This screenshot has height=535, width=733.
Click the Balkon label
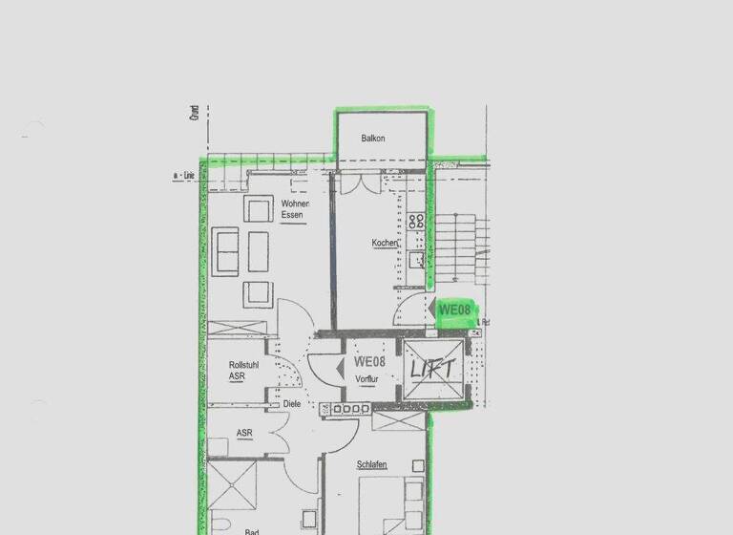pyautogui.click(x=373, y=139)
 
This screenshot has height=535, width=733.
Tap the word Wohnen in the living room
pyautogui.click(x=294, y=203)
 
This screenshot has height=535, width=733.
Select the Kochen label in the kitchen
pyautogui.click(x=385, y=244)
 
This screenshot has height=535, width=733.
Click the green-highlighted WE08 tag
pyautogui.click(x=455, y=310)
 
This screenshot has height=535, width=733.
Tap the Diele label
pyautogui.click(x=293, y=404)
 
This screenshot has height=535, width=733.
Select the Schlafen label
pyautogui.click(x=371, y=465)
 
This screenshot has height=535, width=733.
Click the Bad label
pyautogui.click(x=252, y=531)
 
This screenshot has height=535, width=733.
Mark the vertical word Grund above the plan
pyautogui.click(x=194, y=115)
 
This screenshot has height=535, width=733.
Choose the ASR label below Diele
pyautogui.click(x=244, y=433)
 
